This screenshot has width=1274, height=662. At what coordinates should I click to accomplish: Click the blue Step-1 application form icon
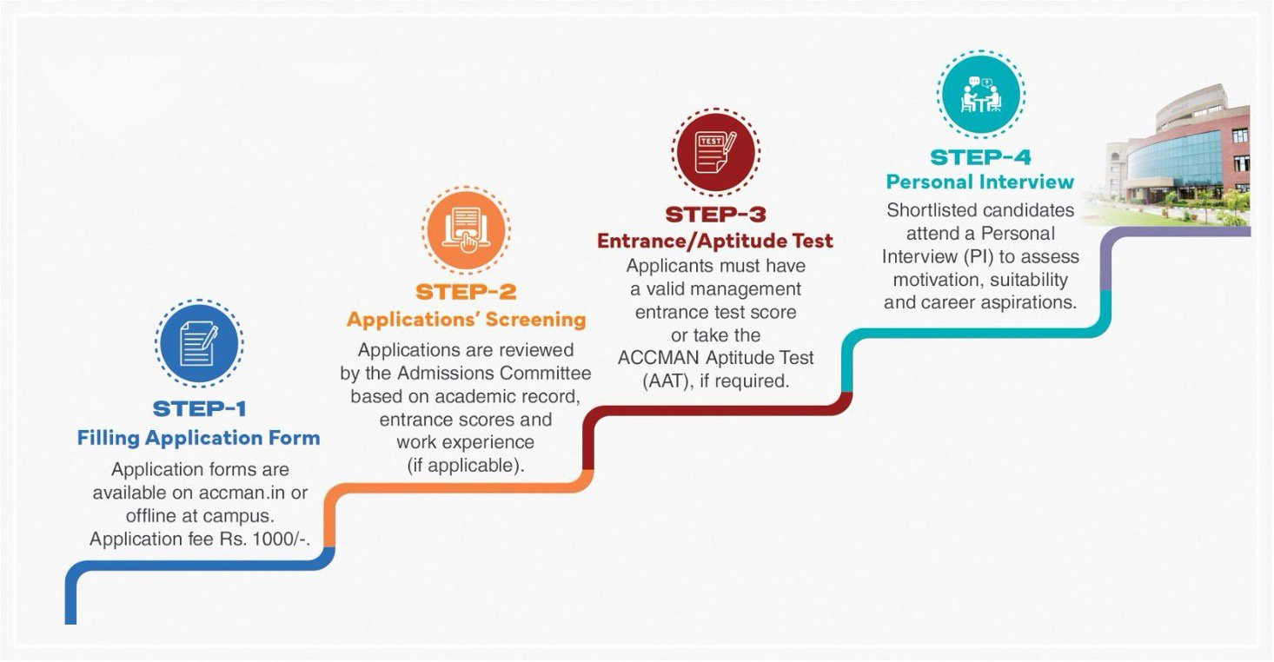(x=199, y=343)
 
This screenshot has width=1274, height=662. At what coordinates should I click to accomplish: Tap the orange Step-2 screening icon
(x=466, y=229)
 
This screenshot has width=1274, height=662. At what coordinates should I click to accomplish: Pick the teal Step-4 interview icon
(x=980, y=93)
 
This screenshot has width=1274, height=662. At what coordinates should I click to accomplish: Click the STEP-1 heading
(x=199, y=408)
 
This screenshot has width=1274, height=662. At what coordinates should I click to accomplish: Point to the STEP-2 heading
(x=466, y=291)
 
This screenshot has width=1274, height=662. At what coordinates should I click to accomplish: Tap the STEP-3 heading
(x=715, y=214)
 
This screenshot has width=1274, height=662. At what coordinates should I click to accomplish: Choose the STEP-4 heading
(x=980, y=157)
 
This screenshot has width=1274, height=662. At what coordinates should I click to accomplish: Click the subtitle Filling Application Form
(x=199, y=438)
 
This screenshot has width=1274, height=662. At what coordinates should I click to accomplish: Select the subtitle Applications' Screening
(x=466, y=320)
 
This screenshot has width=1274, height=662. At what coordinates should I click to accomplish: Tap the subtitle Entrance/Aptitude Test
(x=715, y=241)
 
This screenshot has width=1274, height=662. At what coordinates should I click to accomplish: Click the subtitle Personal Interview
(x=980, y=182)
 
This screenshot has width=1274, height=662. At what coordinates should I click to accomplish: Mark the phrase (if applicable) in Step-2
(x=466, y=465)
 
